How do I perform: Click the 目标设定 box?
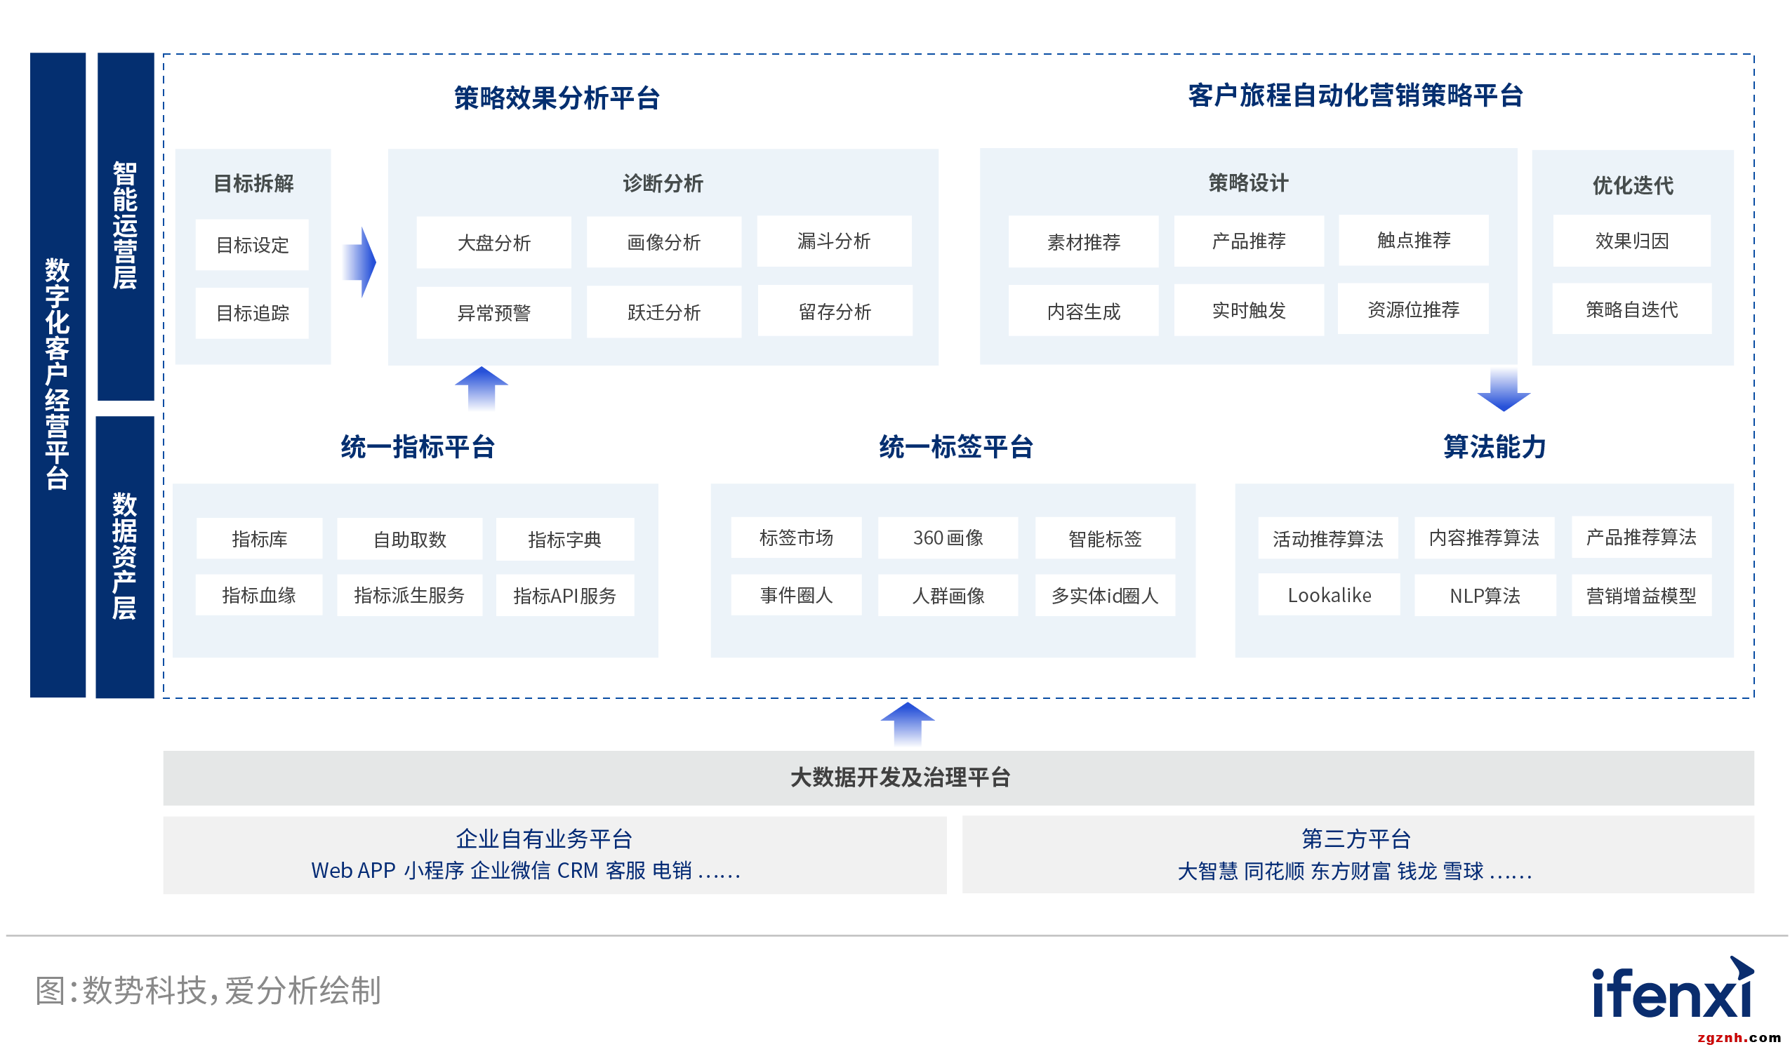tap(252, 245)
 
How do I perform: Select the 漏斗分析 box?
tap(834, 241)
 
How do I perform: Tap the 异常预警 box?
tap(493, 312)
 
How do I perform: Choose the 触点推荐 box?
tap(1414, 241)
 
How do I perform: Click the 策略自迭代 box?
tap(1631, 309)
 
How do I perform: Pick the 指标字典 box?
tap(564, 540)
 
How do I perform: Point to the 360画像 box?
tap(948, 538)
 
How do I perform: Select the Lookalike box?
tap(1329, 596)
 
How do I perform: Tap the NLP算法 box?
tap(1485, 596)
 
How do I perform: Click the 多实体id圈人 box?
tap(1105, 596)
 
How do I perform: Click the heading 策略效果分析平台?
tap(557, 98)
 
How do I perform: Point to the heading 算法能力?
tap(1494, 448)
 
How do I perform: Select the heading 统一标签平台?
tap(956, 448)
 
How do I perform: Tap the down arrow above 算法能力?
tap(1504, 390)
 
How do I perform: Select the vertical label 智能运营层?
tap(125, 226)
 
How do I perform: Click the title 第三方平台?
tap(1356, 839)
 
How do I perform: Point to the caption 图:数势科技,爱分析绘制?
tap(208, 991)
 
